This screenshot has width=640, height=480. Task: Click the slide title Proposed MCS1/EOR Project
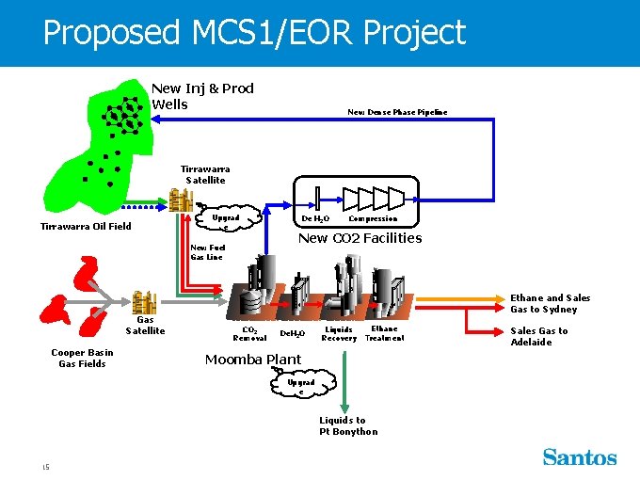click(254, 33)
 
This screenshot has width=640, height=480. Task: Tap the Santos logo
click(579, 457)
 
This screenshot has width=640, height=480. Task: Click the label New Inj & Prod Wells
click(202, 96)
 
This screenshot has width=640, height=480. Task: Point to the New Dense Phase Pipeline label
click(397, 112)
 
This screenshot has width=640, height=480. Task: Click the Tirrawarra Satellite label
click(205, 174)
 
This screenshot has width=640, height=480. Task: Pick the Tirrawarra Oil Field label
click(86, 226)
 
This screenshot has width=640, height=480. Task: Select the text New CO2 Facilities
click(360, 238)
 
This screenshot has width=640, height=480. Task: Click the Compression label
click(373, 218)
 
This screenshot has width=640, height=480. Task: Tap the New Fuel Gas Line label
click(207, 252)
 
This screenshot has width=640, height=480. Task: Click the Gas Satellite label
click(145, 325)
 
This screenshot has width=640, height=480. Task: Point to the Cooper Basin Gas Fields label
click(82, 358)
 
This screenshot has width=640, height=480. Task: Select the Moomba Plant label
click(253, 359)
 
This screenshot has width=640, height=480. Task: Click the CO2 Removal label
click(249, 333)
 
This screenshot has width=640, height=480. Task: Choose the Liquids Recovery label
click(339, 333)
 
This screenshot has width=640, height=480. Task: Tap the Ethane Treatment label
click(384, 333)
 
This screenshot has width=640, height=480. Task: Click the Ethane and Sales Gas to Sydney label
click(551, 303)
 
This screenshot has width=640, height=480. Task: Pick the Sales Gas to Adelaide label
click(539, 336)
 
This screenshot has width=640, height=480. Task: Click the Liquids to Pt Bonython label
click(348, 425)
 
